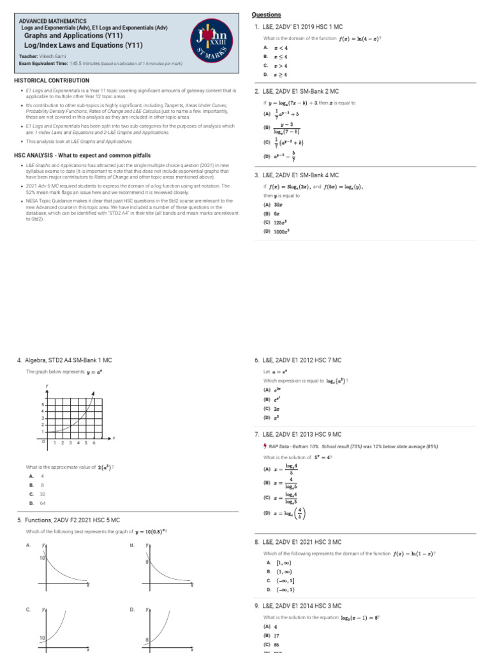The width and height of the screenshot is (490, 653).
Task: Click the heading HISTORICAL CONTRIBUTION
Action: [52, 81]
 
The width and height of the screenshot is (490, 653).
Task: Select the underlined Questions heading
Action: [266, 15]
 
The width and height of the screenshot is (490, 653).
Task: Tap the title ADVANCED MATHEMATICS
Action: [54, 22]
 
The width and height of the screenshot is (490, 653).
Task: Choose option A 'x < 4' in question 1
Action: [279, 48]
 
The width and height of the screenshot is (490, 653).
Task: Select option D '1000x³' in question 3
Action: [279, 231]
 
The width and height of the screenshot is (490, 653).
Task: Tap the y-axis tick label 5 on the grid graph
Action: [42, 405]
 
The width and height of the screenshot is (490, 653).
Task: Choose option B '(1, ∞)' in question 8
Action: [281, 572]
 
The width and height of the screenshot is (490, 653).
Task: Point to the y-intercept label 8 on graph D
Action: [147, 638]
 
